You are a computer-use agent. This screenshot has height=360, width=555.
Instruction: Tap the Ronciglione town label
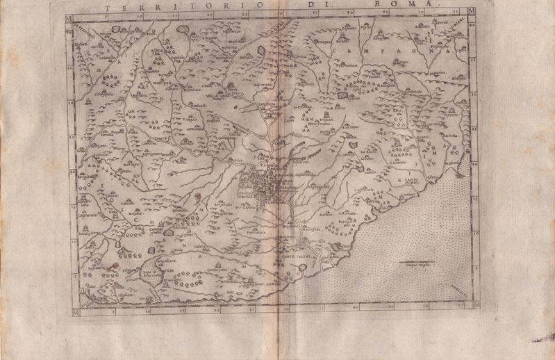click(x=87, y=234)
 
